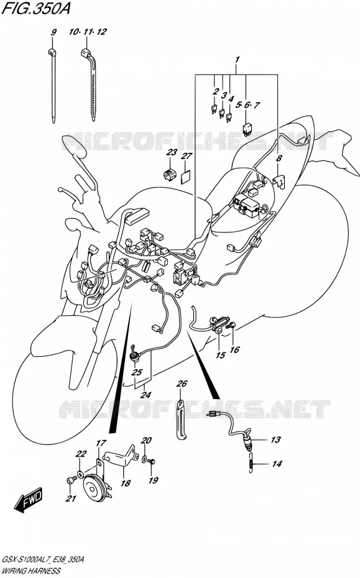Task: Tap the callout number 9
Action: click(53, 32)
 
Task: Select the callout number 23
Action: click(172, 152)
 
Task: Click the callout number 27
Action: click(187, 156)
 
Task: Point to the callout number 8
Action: click(279, 159)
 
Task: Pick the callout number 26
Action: click(182, 383)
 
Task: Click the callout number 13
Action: click(275, 440)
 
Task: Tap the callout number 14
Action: click(277, 464)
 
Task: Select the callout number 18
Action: click(126, 483)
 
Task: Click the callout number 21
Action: click(71, 498)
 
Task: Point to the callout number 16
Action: click(234, 350)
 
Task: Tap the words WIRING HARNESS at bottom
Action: click(31, 571)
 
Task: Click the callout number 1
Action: click(238, 59)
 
